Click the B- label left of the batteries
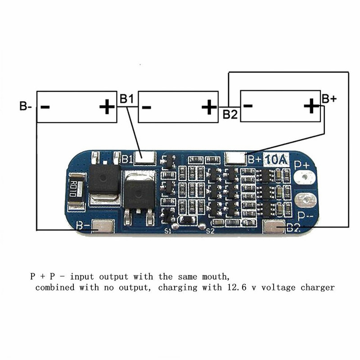tap(25, 107)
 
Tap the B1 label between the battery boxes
tap(126, 99)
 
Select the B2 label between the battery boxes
tap(230, 114)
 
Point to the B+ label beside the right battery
tap(328, 99)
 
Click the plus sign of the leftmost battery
tap(106, 107)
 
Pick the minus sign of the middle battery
tap(146, 107)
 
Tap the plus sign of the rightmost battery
tap(311, 107)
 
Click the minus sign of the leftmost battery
tap(45, 107)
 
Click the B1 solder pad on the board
tap(146, 158)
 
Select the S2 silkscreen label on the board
tap(209, 231)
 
